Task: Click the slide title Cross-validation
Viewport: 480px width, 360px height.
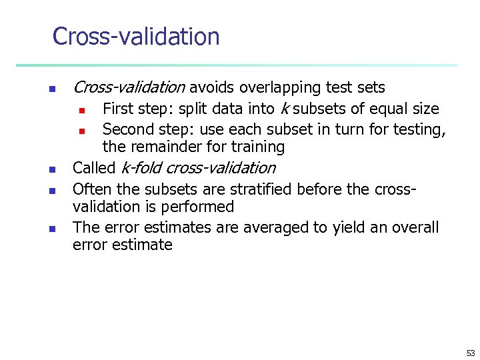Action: point(136,37)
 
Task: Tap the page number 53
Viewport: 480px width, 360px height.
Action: point(471,353)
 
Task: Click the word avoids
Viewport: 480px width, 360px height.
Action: point(212,87)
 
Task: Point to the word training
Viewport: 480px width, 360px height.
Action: point(256,147)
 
